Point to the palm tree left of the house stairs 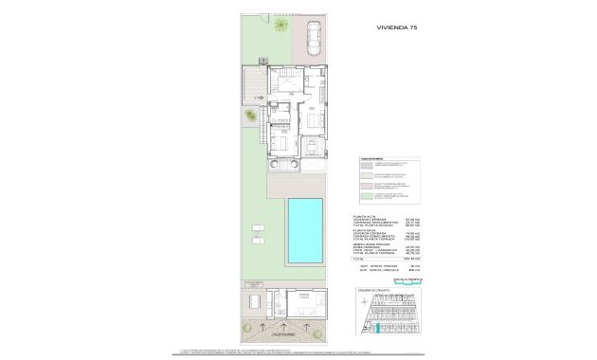[x=249, y=117]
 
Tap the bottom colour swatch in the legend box [x=366, y=197]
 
